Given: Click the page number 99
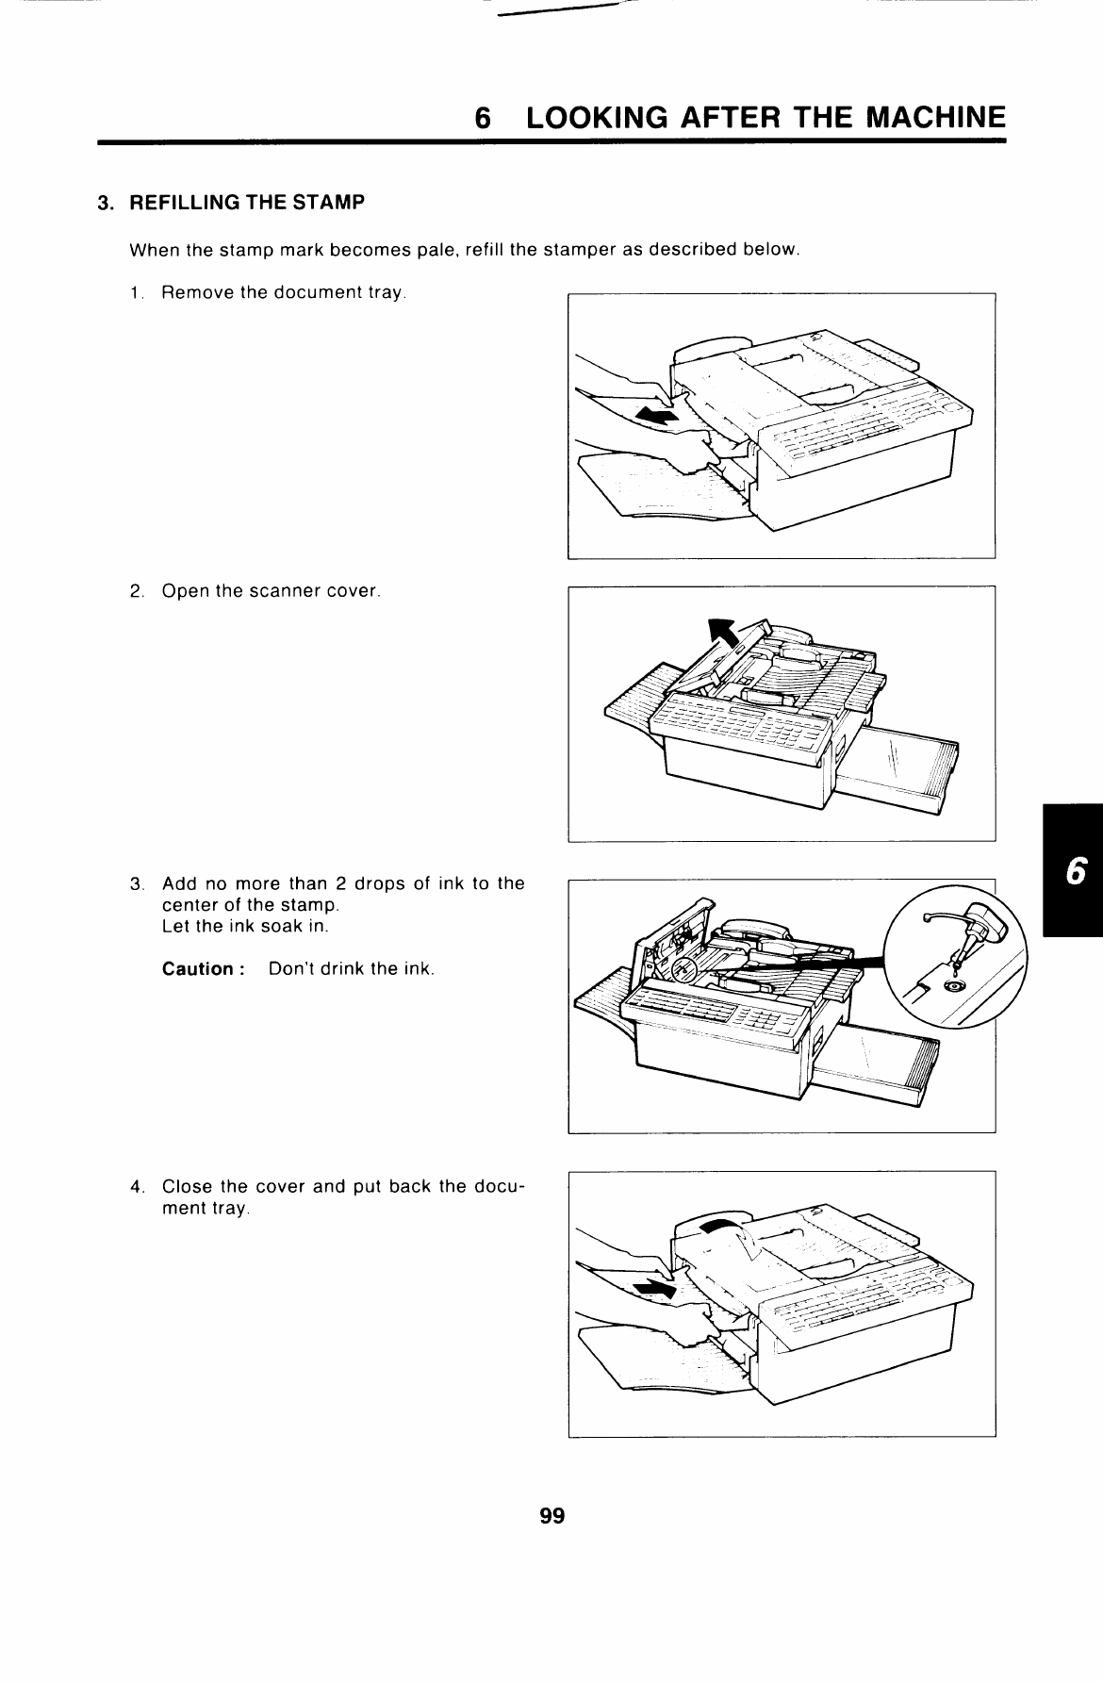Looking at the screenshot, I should pos(551,1516).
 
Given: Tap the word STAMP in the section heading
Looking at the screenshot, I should pos(333,203).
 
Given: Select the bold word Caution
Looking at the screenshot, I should pos(197,969).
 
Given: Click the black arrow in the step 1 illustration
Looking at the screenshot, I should pos(658,415).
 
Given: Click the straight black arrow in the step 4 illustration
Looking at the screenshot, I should pos(658,1288).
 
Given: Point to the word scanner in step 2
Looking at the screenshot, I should pos(287,592).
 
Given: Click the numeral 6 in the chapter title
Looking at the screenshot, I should pos(483,118).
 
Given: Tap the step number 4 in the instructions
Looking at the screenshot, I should pos(137,1186).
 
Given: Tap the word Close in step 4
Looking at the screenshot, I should pos(186,1186).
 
